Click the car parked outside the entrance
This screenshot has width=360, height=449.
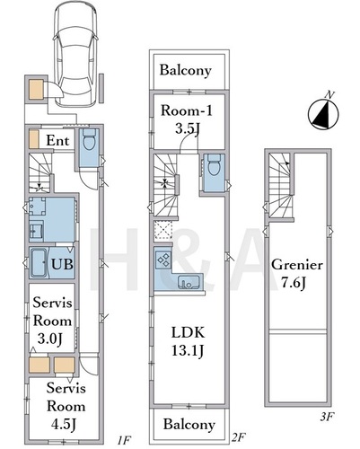click(75, 53)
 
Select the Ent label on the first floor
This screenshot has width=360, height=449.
click(57, 140)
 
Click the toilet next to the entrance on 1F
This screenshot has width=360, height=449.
click(89, 140)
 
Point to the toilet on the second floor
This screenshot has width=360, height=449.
click(214, 165)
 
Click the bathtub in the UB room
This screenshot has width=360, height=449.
click(39, 263)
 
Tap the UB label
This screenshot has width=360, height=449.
click(62, 264)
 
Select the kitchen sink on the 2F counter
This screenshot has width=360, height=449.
click(189, 282)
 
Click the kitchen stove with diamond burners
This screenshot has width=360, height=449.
click(163, 259)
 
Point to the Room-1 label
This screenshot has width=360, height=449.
click(187, 110)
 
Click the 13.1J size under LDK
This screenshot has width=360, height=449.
click(188, 350)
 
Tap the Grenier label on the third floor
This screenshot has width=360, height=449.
click(297, 265)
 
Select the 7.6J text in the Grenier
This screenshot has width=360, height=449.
click(294, 283)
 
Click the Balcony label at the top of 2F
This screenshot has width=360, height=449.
click(186, 70)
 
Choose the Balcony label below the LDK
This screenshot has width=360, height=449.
click(189, 425)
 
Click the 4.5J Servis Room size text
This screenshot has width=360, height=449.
click(64, 425)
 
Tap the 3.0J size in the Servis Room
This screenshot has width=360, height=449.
click(50, 339)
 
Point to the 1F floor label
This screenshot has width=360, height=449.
click(123, 440)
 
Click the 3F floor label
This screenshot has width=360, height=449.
click(327, 417)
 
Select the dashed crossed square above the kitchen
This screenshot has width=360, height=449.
click(163, 230)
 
